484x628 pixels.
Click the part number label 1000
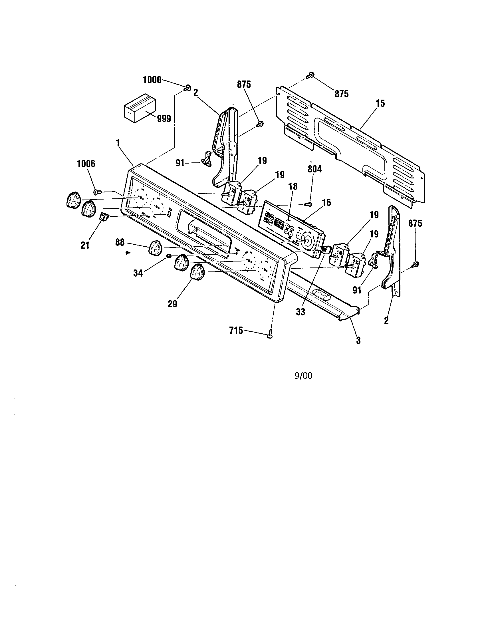click(152, 80)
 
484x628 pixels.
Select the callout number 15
click(380, 104)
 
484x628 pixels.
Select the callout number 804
click(314, 169)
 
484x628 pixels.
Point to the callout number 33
click(300, 312)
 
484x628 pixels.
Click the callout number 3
click(358, 341)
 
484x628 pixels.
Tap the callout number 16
click(326, 203)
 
